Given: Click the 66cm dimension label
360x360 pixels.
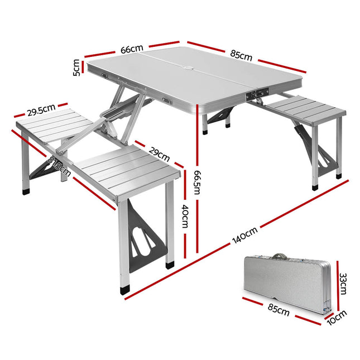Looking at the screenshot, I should [x=132, y=49].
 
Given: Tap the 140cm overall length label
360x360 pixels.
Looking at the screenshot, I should [x=245, y=237].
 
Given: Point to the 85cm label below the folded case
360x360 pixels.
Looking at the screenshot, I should [x=279, y=310].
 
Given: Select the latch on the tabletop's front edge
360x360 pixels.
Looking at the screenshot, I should [x=257, y=97].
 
